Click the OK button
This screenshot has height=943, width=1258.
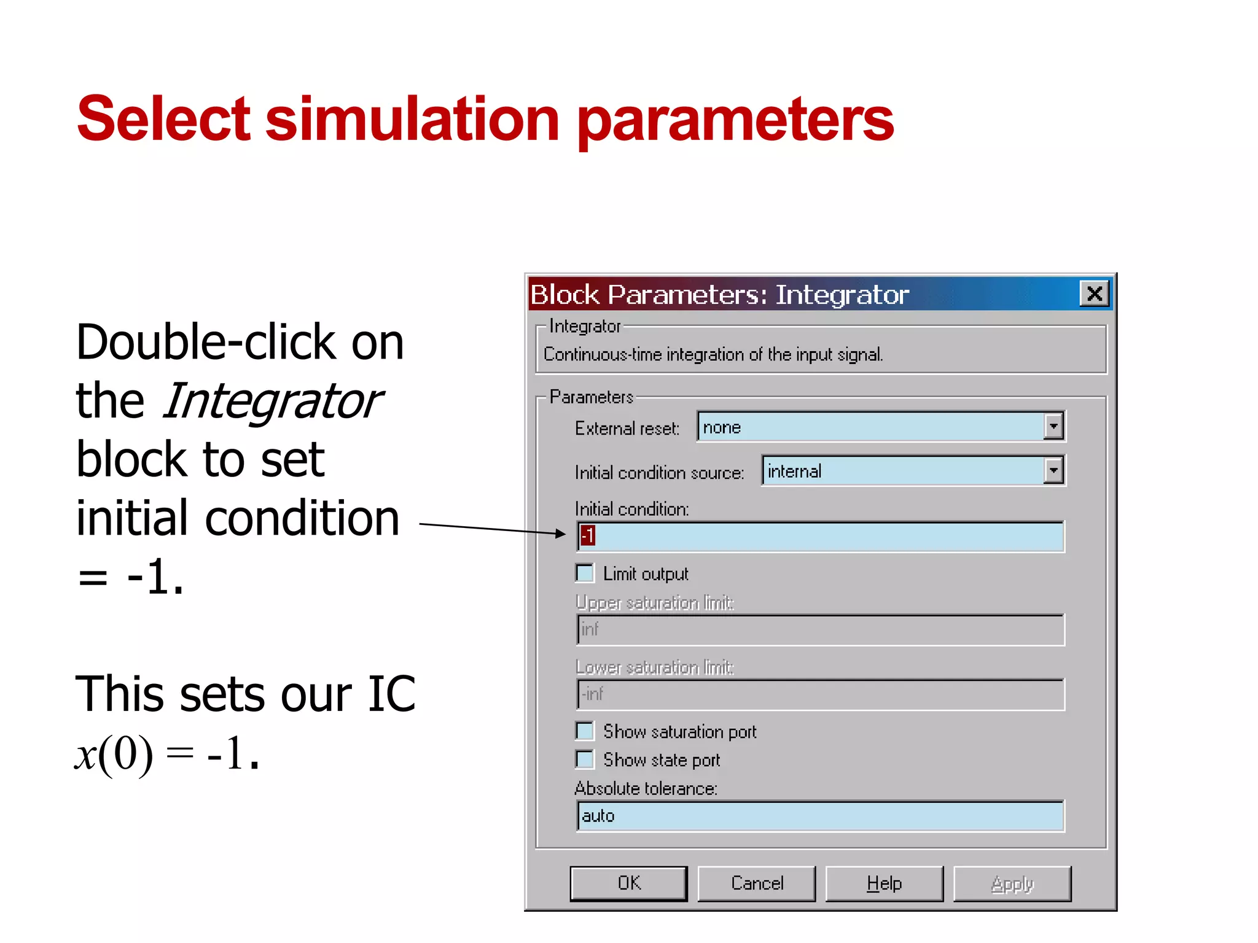628,883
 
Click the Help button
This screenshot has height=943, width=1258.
884,883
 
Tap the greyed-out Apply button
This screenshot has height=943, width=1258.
1012,883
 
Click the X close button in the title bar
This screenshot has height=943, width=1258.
1094,293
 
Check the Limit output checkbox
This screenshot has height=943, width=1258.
585,573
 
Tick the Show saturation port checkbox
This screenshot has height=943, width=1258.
585,731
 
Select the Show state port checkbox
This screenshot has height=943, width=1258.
585,759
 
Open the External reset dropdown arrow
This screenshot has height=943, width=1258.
1053,426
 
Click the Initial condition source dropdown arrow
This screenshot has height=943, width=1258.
1053,471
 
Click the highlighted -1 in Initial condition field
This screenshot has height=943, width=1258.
588,535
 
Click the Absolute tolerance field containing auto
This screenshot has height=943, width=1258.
820,816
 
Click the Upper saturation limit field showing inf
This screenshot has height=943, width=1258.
820,629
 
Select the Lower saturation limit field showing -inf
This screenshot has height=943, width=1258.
820,694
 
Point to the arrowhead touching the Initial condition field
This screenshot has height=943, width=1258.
560,534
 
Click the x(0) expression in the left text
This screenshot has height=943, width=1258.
114,754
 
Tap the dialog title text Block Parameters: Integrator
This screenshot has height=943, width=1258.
719,295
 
